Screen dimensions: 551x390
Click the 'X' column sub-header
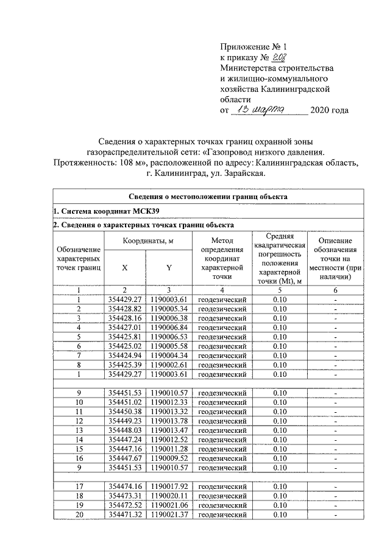(125, 267)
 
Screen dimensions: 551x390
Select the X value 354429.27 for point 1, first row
(125, 299)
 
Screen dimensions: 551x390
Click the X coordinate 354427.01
(125, 327)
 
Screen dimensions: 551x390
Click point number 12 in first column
(79, 420)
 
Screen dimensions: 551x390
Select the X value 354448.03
(125, 430)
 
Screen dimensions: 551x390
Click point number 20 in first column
(79, 514)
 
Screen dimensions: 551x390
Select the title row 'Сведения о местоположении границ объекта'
(208, 197)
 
